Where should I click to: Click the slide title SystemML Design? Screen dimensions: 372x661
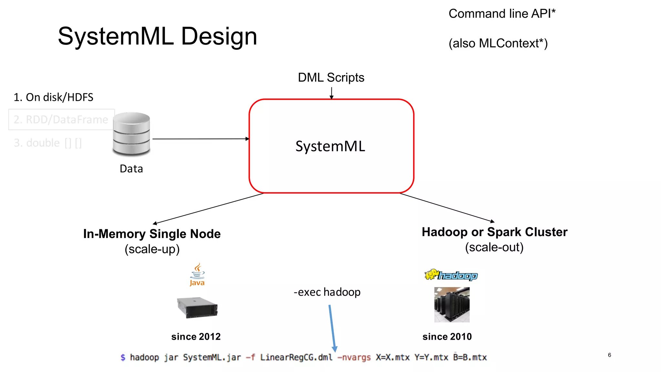click(x=158, y=36)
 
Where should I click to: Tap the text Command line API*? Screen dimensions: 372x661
click(x=502, y=14)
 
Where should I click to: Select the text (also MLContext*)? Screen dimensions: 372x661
click(x=498, y=43)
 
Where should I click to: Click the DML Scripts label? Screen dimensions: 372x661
click(x=331, y=77)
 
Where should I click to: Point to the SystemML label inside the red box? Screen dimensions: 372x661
click(x=330, y=146)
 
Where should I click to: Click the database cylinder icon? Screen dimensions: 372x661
click(x=131, y=133)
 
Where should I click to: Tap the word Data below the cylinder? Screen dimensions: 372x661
click(x=131, y=169)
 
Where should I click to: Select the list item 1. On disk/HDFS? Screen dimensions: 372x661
click(x=53, y=97)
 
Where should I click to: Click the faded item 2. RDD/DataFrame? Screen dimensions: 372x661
click(x=61, y=120)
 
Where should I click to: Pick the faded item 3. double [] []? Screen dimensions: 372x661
click(x=48, y=143)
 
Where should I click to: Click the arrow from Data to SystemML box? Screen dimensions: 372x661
click(x=200, y=139)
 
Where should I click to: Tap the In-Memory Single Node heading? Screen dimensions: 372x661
click(x=152, y=234)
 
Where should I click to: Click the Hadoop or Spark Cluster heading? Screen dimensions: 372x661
click(x=494, y=232)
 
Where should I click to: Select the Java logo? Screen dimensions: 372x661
click(x=197, y=275)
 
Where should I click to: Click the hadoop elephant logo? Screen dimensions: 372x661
click(x=451, y=275)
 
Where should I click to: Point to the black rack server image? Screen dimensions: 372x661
click(x=197, y=307)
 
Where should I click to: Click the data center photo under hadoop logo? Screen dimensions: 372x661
click(x=452, y=305)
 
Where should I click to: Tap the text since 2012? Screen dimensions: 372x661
click(x=196, y=336)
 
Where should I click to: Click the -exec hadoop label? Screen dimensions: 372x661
click(x=327, y=292)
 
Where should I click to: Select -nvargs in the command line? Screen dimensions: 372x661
click(x=354, y=357)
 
